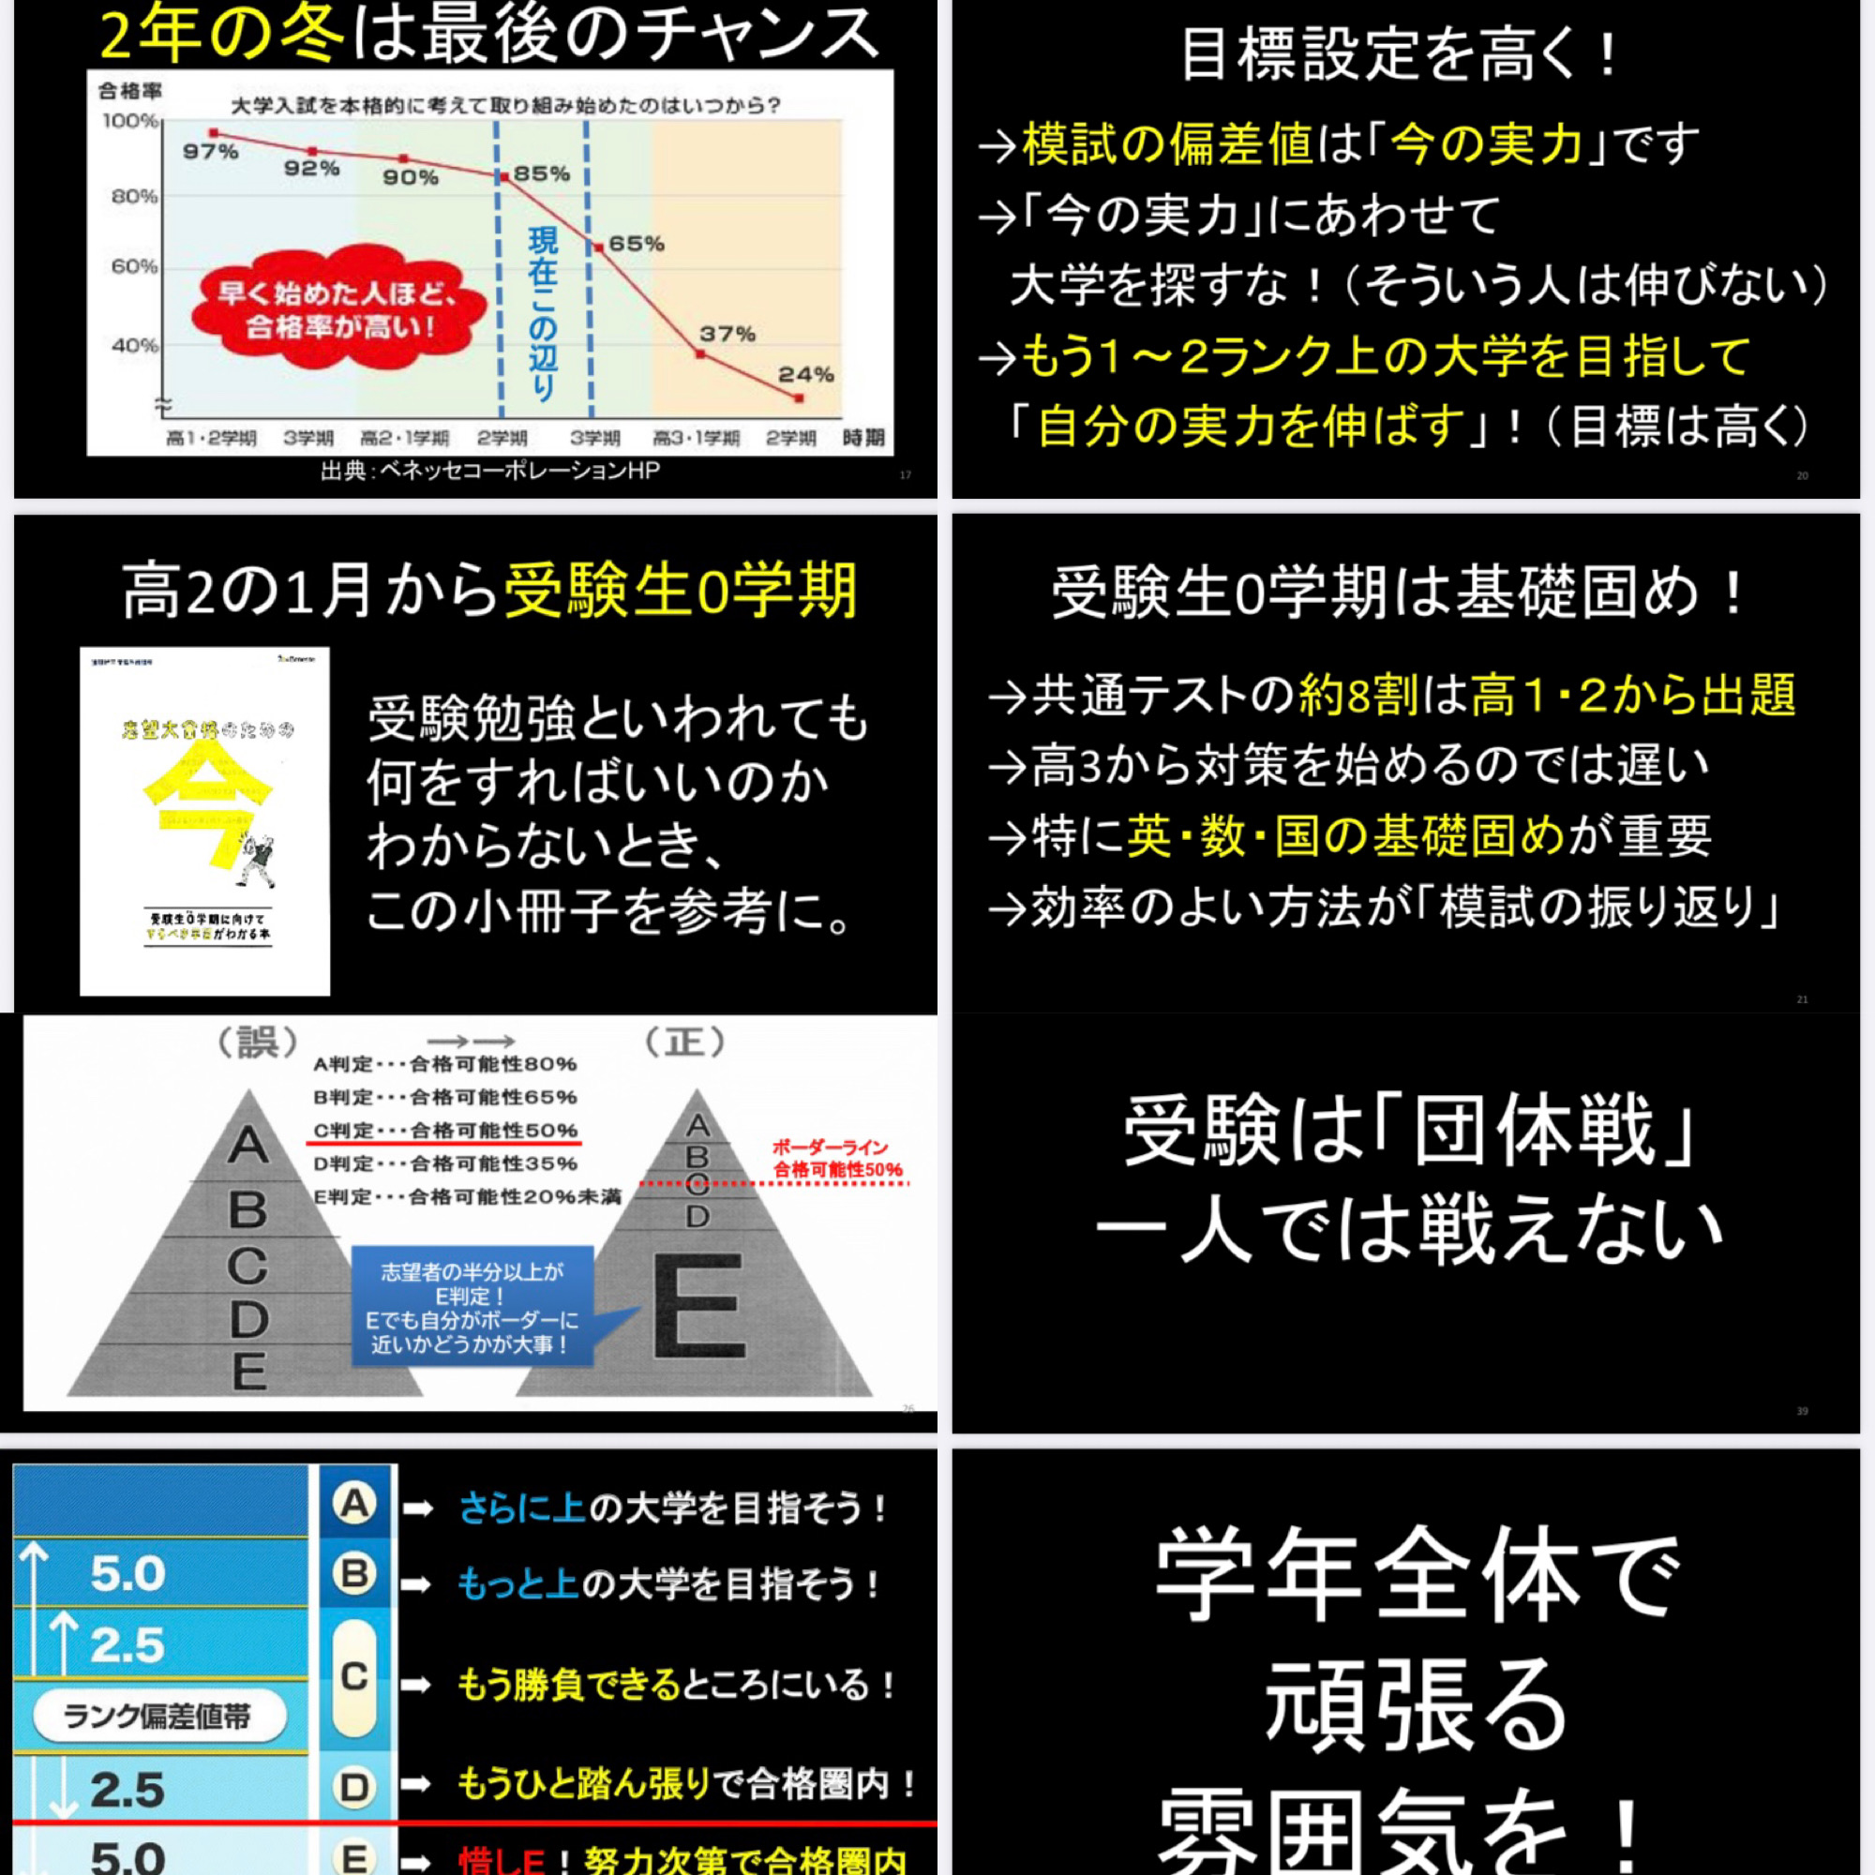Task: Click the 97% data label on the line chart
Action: coord(211,151)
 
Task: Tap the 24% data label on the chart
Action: coord(805,375)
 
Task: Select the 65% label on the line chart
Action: coord(637,244)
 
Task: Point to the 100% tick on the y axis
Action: coord(130,121)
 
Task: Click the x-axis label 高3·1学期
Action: coord(696,439)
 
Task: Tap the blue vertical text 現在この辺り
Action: coord(543,313)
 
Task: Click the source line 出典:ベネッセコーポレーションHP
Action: coord(490,471)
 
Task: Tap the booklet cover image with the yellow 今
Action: coord(204,821)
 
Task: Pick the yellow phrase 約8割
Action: coord(1359,695)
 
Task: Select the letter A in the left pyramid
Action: coord(247,1146)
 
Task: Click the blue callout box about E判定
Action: coord(472,1306)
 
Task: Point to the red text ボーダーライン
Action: coord(830,1147)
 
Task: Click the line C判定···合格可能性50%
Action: coord(445,1131)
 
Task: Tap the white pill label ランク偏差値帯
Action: coord(157,1716)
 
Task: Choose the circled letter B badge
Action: coord(354,1573)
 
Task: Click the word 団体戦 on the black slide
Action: coord(1534,1131)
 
